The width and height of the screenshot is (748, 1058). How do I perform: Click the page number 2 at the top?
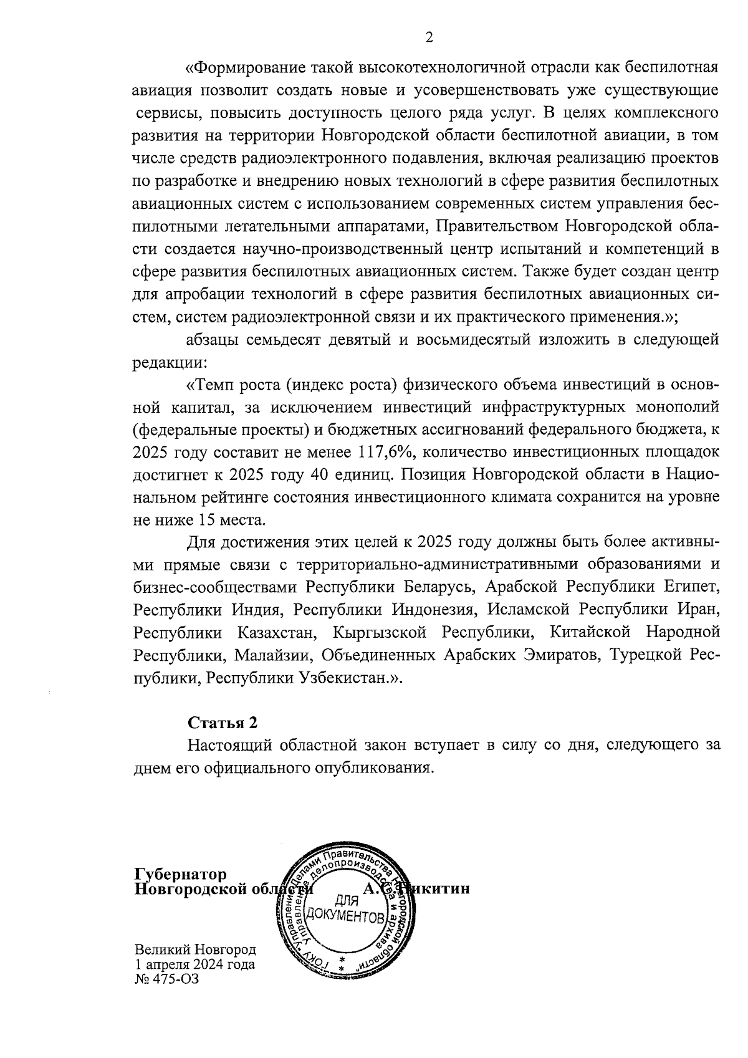429,37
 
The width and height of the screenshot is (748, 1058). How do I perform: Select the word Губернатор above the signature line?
181,874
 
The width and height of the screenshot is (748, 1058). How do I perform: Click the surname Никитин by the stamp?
436,888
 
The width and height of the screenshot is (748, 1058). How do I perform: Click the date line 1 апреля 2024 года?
195,964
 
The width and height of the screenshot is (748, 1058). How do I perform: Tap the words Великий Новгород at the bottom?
195,950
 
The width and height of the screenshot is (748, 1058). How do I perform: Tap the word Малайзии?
261,656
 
